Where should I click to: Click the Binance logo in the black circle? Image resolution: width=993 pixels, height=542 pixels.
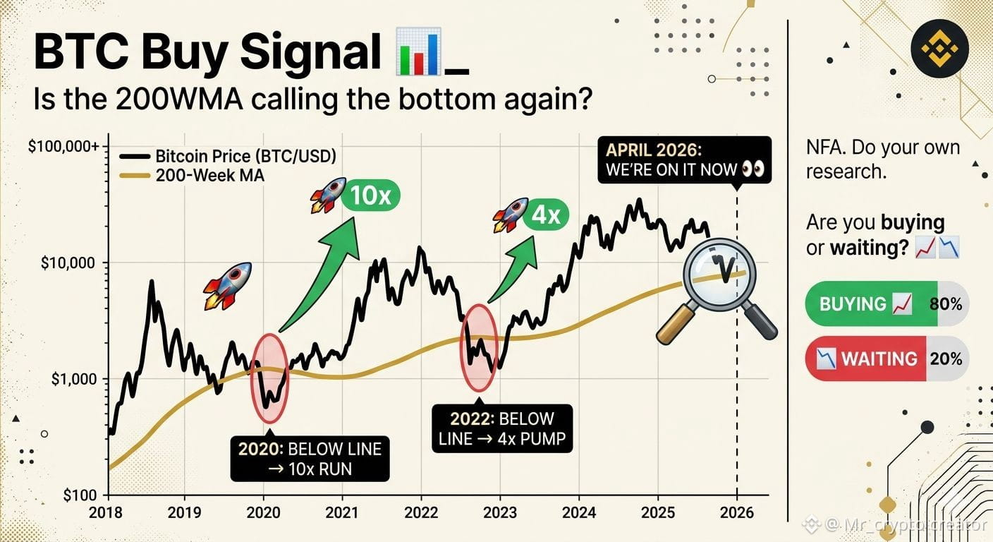click(x=939, y=49)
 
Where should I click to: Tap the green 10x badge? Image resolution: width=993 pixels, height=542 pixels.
click(x=370, y=195)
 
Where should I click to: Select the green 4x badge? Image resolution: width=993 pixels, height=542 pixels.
click(x=545, y=215)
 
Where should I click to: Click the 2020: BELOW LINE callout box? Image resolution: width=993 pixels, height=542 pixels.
click(x=310, y=459)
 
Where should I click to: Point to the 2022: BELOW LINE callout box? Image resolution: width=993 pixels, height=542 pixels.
click(x=502, y=428)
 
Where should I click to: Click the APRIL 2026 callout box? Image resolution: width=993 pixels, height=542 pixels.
click(x=685, y=159)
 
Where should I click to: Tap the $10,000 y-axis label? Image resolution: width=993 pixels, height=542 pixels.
click(x=68, y=263)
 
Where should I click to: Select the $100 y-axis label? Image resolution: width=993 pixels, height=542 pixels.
click(x=79, y=495)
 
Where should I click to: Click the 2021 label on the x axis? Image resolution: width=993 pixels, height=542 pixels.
click(x=342, y=513)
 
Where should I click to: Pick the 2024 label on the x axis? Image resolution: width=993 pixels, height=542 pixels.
click(x=579, y=513)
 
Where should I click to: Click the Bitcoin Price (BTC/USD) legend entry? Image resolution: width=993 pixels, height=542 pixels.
click(x=228, y=156)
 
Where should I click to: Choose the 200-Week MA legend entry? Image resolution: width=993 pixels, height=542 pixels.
click(x=192, y=176)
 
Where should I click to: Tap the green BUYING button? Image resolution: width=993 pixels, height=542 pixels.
click(x=871, y=304)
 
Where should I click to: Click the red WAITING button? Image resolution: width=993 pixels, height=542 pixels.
click(x=865, y=359)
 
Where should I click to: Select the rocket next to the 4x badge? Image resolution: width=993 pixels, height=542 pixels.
click(x=510, y=215)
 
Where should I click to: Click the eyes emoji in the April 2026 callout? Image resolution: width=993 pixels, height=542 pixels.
click(x=753, y=169)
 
